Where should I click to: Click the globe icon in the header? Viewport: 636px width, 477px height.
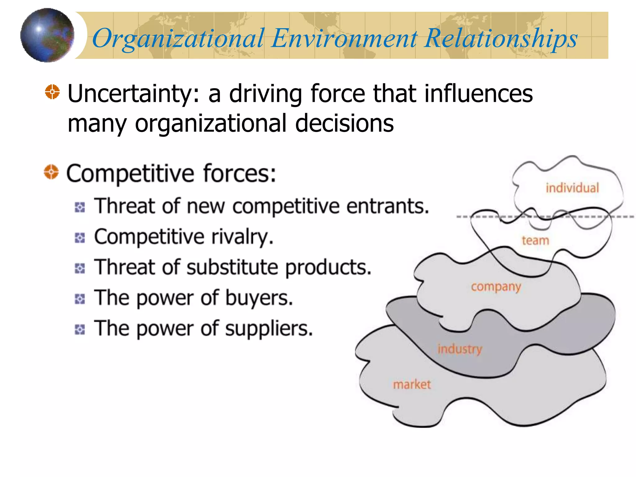tap(47, 35)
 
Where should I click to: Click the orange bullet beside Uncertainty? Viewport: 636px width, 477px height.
tap(52, 92)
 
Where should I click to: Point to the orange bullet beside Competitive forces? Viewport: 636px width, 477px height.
tap(51, 172)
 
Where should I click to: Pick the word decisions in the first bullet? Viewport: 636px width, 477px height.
tap(344, 123)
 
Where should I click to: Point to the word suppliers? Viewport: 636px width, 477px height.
tap(269, 329)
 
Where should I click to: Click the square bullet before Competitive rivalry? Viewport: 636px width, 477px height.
tap(80, 238)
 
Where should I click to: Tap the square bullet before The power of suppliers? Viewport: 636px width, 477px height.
tap(80, 329)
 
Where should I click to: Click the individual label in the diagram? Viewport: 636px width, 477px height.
tap(572, 188)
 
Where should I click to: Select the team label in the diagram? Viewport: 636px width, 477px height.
tap(535, 241)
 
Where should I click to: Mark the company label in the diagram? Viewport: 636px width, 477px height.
tap(496, 287)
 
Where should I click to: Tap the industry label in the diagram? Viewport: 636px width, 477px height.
tap(460, 349)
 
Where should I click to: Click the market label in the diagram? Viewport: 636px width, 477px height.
tap(412, 385)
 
